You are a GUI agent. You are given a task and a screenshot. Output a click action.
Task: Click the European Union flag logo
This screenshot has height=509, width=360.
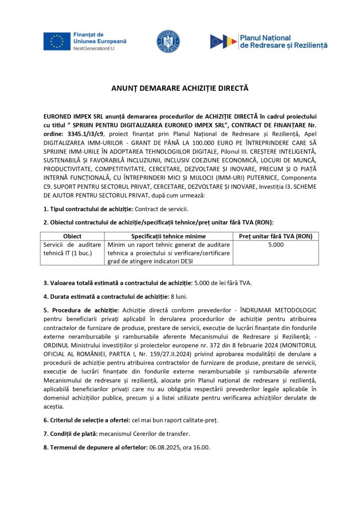click(56, 42)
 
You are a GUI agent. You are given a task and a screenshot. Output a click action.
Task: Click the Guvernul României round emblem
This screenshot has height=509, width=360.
click(168, 41)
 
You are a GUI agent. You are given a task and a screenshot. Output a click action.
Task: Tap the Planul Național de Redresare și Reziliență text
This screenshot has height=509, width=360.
click(283, 41)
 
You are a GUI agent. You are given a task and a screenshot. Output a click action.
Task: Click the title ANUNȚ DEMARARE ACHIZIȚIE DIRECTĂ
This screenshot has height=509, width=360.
click(180, 88)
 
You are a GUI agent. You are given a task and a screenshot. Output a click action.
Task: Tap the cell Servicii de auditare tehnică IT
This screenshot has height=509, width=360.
click(73, 249)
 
